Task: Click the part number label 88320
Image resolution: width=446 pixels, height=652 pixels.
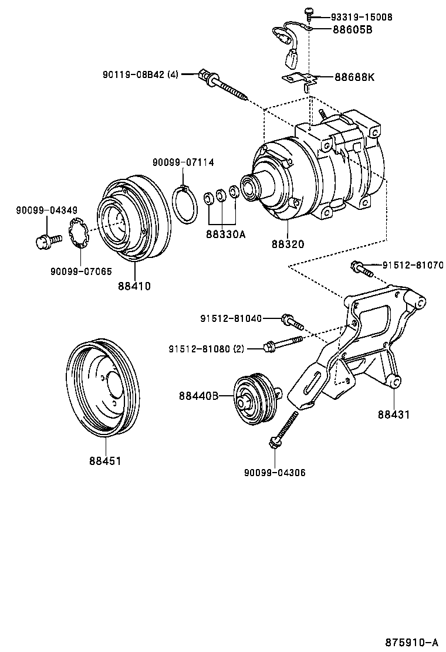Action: pos(287,243)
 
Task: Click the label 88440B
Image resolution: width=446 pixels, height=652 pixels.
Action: pos(199,396)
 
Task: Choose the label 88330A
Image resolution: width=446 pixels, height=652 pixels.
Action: pos(225,234)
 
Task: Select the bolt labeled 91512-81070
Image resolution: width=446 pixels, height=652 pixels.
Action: pos(363,270)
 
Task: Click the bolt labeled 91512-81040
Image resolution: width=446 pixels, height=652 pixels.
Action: pos(292,321)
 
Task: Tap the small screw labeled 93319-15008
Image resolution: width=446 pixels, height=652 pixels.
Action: pos(308,12)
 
